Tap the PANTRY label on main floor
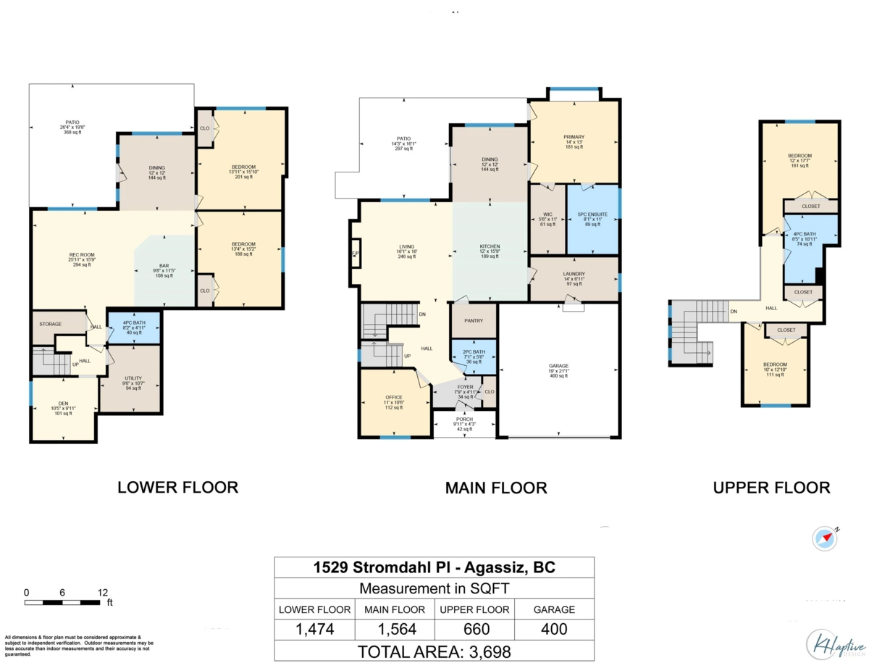click(x=474, y=321)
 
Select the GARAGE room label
click(x=558, y=366)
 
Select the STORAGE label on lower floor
click(x=51, y=324)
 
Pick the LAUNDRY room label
click(x=574, y=274)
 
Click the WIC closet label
click(x=547, y=215)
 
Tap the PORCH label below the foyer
click(x=464, y=420)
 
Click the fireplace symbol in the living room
click(x=355, y=253)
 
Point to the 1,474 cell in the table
click(x=315, y=629)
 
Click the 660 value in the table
click(x=476, y=629)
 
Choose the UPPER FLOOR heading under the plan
click(x=771, y=488)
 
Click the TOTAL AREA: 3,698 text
click(x=434, y=651)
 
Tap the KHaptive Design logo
click(x=835, y=643)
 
